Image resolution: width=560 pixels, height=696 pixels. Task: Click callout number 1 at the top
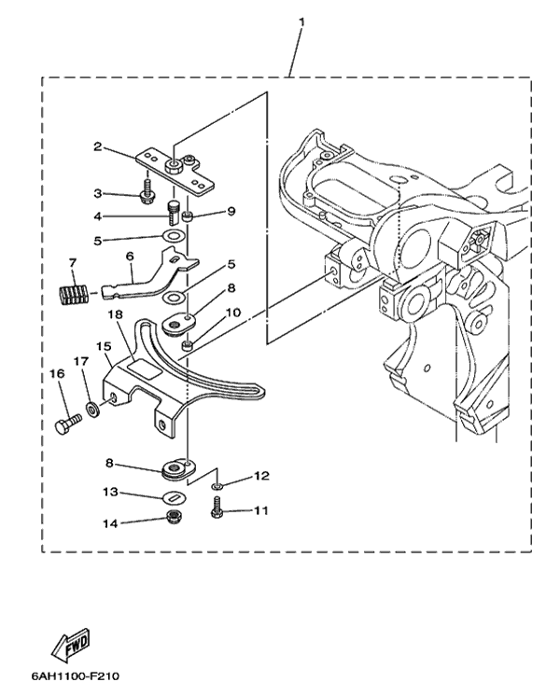301,20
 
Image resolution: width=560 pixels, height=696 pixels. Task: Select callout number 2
96,146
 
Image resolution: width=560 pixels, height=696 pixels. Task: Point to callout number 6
129,255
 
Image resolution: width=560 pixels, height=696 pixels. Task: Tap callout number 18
114,315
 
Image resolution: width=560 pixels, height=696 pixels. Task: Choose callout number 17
81,360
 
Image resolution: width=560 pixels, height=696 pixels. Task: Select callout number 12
261,476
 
